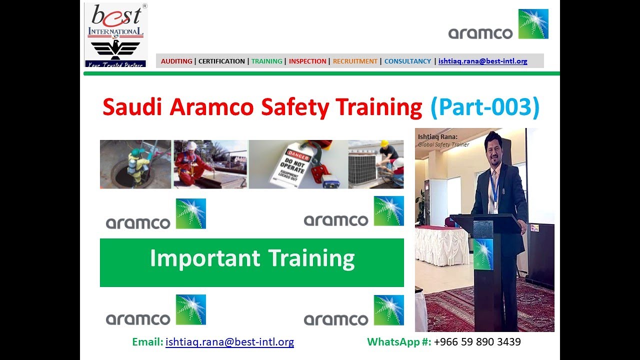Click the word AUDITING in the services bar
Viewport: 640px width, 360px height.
pyautogui.click(x=176, y=61)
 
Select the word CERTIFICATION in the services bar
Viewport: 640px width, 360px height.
pyautogui.click(x=221, y=61)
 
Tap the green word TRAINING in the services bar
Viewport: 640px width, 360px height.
pyautogui.click(x=266, y=61)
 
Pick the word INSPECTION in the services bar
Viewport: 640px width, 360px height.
pyautogui.click(x=307, y=61)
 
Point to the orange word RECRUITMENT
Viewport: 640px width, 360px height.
pyautogui.click(x=355, y=61)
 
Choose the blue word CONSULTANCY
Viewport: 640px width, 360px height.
pyautogui.click(x=407, y=61)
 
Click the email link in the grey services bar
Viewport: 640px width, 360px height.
pyautogui.click(x=482, y=61)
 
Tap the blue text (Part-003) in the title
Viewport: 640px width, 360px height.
pyautogui.click(x=484, y=107)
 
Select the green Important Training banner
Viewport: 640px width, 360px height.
pyautogui.click(x=251, y=262)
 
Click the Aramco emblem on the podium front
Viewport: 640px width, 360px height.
pyautogui.click(x=482, y=254)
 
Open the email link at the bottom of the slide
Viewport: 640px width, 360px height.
pyautogui.click(x=229, y=342)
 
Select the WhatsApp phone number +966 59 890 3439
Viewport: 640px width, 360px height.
pyautogui.click(x=477, y=342)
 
